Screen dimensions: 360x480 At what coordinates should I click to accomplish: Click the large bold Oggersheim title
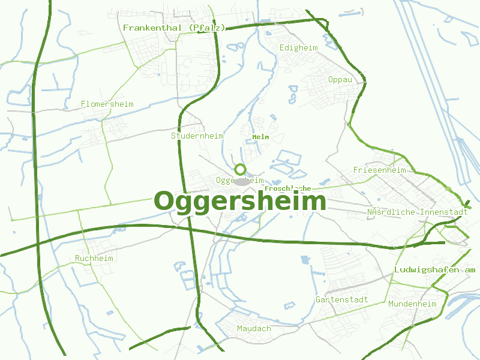(240, 202)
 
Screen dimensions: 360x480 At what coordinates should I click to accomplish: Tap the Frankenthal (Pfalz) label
(174, 28)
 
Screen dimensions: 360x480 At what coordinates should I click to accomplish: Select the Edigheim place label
(299, 47)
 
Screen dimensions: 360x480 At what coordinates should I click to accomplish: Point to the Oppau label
(340, 80)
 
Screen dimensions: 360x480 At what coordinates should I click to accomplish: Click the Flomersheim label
(107, 104)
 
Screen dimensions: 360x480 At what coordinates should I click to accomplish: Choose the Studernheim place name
(197, 136)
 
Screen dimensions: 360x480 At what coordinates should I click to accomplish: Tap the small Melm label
(260, 137)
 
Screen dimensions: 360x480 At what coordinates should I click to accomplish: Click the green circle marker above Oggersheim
(240, 169)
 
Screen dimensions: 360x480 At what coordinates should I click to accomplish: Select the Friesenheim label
(379, 170)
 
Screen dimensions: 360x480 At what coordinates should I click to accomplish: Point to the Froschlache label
(287, 188)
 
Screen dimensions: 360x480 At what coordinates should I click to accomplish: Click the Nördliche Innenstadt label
(417, 212)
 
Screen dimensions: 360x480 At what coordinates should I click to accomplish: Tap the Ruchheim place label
(94, 258)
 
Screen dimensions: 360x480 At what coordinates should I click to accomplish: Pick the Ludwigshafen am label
(434, 270)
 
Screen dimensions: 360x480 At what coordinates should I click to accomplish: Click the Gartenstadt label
(341, 299)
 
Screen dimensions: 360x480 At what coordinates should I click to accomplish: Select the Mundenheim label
(412, 304)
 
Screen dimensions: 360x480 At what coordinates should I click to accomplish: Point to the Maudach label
(254, 328)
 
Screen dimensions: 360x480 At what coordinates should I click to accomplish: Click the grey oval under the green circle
(242, 181)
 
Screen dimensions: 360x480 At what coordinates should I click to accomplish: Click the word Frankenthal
(152, 28)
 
